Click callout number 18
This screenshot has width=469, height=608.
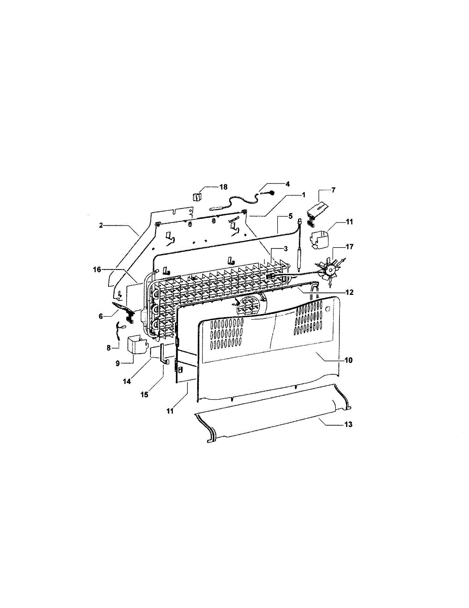pos(224,187)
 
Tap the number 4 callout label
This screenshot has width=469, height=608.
pos(287,183)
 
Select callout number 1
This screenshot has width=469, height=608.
pos(304,195)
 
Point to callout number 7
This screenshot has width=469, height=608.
pos(333,190)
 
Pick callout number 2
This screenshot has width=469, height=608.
pos(101,225)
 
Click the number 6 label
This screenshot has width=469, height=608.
pos(101,316)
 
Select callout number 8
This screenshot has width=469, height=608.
pos(109,348)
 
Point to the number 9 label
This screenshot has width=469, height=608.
pos(117,363)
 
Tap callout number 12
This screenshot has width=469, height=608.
pos(350,292)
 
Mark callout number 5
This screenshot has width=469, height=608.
pos(291,216)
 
